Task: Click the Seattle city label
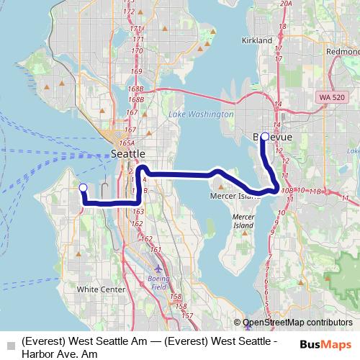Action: click(x=129, y=154)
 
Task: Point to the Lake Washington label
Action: click(x=200, y=114)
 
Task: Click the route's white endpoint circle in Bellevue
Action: click(x=264, y=136)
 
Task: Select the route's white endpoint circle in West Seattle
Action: click(x=82, y=188)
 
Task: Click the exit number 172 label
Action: click(x=129, y=12)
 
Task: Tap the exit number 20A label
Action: click(x=286, y=4)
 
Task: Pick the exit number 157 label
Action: click(x=187, y=315)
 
